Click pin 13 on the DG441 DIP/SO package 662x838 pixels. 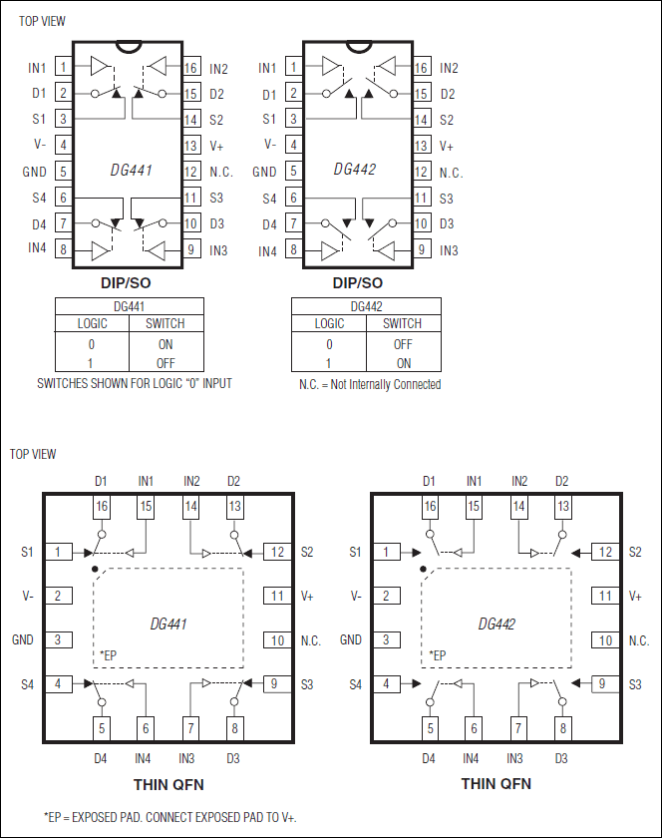point(191,146)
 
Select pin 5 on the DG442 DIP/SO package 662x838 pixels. point(293,172)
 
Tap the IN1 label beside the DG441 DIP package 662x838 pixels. point(38,68)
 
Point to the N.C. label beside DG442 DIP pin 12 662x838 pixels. point(452,172)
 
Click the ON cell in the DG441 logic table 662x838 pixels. point(165,344)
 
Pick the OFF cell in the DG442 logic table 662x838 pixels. point(403,344)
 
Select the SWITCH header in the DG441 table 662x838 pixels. point(165,323)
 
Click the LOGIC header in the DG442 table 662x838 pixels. point(329,323)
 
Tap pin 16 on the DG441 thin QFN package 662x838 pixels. point(101,507)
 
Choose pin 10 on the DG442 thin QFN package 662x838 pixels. point(606,640)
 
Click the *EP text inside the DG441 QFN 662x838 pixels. point(109,655)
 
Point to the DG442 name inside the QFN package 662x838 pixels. point(496,625)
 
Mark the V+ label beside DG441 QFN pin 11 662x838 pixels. point(309,596)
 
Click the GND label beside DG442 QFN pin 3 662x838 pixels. point(351,640)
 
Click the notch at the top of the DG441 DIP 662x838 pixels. point(127,45)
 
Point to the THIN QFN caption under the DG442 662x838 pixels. point(496,783)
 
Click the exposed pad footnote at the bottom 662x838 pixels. point(170,816)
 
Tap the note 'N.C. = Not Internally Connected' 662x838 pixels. point(370,384)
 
